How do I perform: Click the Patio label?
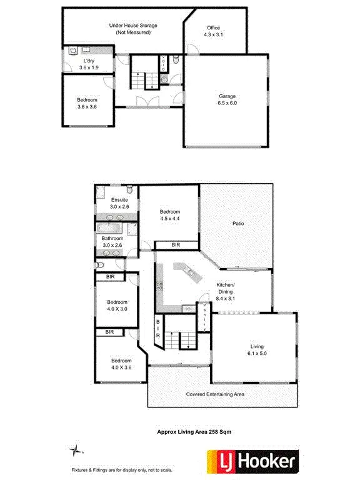coord(237,222)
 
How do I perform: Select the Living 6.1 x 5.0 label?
coord(257,349)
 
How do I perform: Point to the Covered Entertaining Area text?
coord(215,394)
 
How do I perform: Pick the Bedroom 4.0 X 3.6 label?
coord(121,364)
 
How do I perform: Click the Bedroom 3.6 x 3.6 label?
coord(87,103)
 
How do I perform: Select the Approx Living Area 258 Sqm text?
coord(194,431)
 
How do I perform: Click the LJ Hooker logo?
coord(249,462)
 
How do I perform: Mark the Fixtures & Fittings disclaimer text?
coord(122,469)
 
